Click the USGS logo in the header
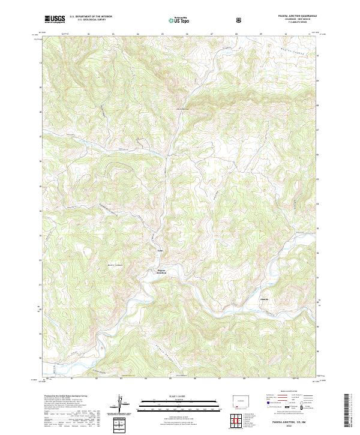(x=55, y=20)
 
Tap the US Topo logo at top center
(x=179, y=20)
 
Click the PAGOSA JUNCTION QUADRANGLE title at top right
(x=290, y=17)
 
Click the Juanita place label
(x=265, y=298)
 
